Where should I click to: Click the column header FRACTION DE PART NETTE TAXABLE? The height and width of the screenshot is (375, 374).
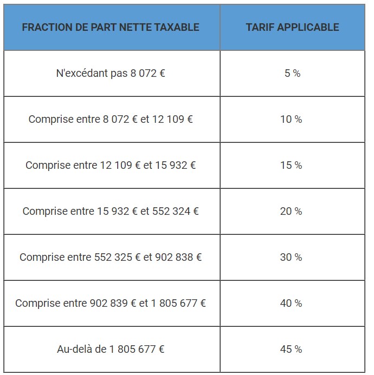pyautogui.click(x=111, y=27)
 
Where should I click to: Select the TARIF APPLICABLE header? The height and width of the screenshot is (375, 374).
pyautogui.click(x=292, y=27)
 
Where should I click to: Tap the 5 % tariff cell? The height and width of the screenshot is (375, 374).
pyautogui.click(x=292, y=73)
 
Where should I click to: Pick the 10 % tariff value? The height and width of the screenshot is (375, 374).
pyautogui.click(x=291, y=119)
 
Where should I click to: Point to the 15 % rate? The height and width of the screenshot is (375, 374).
pyautogui.click(x=291, y=165)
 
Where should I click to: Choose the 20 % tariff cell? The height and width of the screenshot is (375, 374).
pyautogui.click(x=291, y=211)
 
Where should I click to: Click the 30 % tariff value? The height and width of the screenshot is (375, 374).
pyautogui.click(x=291, y=257)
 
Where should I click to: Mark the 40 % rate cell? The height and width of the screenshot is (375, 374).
pyautogui.click(x=291, y=303)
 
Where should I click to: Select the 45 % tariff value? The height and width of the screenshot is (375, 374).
pyautogui.click(x=291, y=349)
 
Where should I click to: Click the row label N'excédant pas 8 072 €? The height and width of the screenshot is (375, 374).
pyautogui.click(x=111, y=73)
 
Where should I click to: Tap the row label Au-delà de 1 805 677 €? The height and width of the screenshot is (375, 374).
pyautogui.click(x=111, y=349)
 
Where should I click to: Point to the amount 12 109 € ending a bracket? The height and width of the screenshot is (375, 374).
pyautogui.click(x=172, y=119)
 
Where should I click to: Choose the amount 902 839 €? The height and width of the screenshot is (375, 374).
pyautogui.click(x=110, y=303)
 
